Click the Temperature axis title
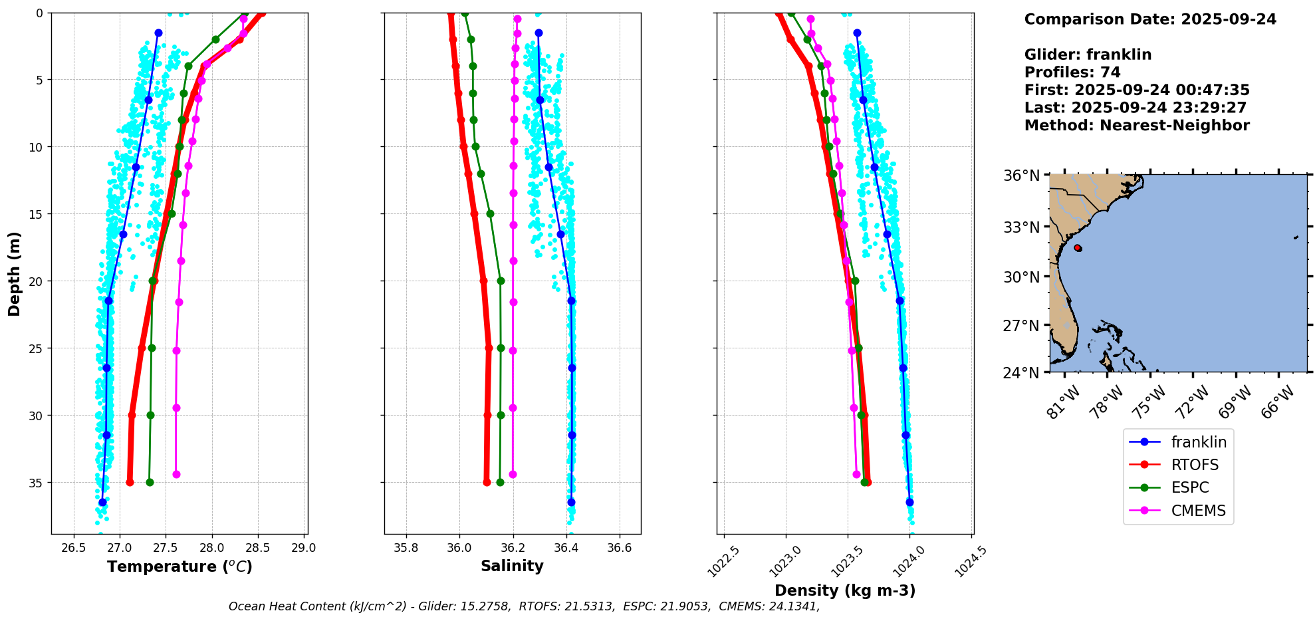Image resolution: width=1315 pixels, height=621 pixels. (x=179, y=566)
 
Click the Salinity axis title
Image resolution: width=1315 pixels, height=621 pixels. (x=512, y=566)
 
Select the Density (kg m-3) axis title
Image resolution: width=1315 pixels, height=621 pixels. (x=845, y=590)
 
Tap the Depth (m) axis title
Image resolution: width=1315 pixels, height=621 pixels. (x=15, y=273)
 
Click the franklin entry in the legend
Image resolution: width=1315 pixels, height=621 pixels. (x=1198, y=442)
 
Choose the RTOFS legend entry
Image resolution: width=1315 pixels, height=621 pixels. (x=1195, y=465)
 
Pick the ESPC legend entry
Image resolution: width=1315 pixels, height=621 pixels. (x=1190, y=487)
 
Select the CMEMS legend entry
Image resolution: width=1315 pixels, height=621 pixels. (x=1198, y=511)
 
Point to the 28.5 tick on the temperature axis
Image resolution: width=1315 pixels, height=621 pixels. (x=257, y=548)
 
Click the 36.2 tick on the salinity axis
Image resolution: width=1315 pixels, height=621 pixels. (x=513, y=548)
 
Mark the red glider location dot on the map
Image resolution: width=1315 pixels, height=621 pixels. (x=1078, y=248)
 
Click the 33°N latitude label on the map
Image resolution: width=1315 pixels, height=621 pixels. (x=1021, y=227)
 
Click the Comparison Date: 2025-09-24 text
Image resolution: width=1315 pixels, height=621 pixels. (x=1150, y=19)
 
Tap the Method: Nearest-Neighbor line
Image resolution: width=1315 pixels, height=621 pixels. (x=1137, y=126)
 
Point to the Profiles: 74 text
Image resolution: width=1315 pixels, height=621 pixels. (x=1072, y=72)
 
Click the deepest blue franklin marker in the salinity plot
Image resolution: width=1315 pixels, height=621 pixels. (x=571, y=502)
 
